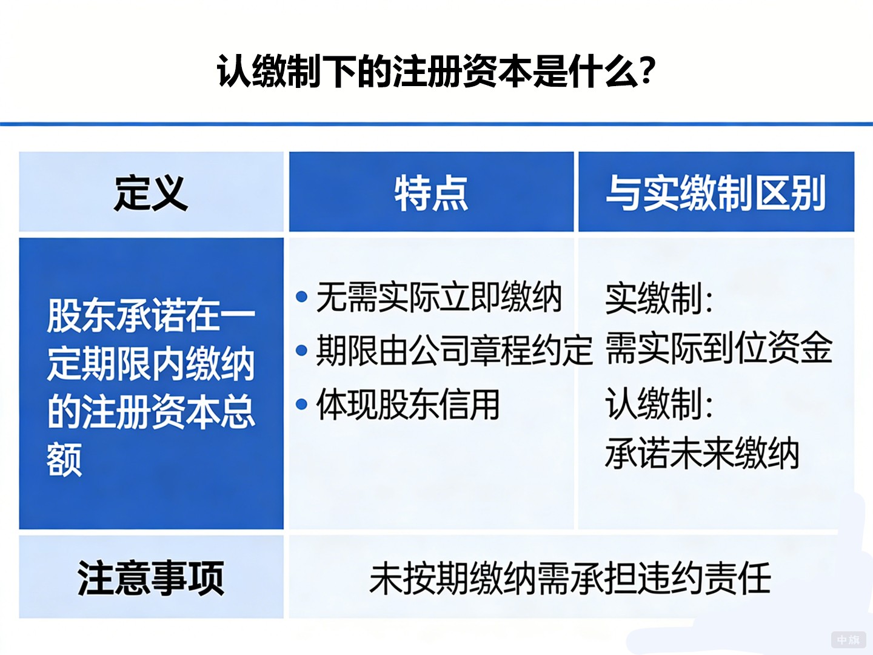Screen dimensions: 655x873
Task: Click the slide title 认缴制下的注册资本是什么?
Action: click(x=436, y=72)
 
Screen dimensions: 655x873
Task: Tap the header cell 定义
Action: click(x=151, y=193)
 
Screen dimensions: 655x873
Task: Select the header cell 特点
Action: click(x=431, y=193)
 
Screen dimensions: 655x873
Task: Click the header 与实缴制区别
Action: click(x=716, y=193)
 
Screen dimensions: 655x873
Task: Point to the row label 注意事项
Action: click(x=151, y=578)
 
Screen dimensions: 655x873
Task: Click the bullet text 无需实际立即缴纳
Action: click(x=439, y=297)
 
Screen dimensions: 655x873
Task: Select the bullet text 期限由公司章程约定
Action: click(x=453, y=350)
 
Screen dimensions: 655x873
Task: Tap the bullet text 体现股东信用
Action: click(x=408, y=405)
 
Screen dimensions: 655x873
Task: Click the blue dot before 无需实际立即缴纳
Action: click(x=301, y=297)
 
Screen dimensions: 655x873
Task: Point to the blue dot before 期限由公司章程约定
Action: click(x=301, y=350)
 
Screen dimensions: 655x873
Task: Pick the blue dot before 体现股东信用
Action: click(x=301, y=405)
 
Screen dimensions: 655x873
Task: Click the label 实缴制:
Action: click(x=659, y=298)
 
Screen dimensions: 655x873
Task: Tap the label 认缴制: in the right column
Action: click(x=659, y=404)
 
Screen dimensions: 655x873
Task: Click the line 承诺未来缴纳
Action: click(x=702, y=454)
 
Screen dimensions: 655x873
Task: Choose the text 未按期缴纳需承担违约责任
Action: click(x=570, y=578)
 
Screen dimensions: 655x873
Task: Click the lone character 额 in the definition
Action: click(x=64, y=460)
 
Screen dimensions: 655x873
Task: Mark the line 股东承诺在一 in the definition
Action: click(x=151, y=315)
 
